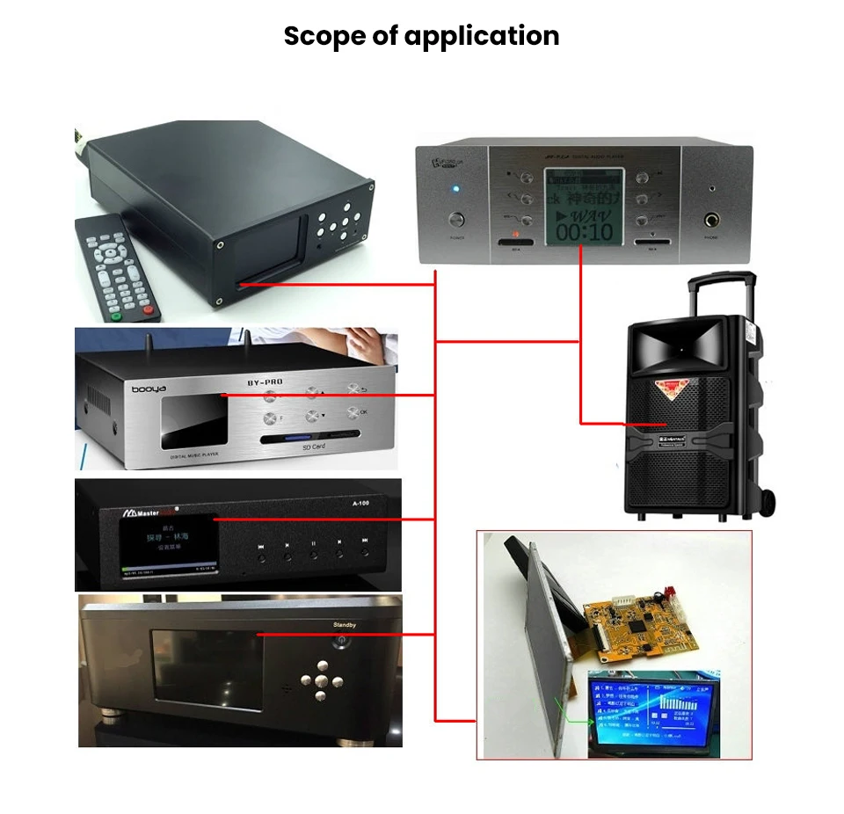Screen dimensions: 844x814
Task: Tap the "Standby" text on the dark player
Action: coord(346,625)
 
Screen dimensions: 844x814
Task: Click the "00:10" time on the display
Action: coord(583,232)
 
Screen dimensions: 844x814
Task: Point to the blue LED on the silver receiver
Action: coord(455,190)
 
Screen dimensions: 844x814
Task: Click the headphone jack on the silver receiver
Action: coord(711,220)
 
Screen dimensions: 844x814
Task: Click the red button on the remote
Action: coord(147,309)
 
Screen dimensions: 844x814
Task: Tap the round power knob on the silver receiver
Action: coord(456,220)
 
